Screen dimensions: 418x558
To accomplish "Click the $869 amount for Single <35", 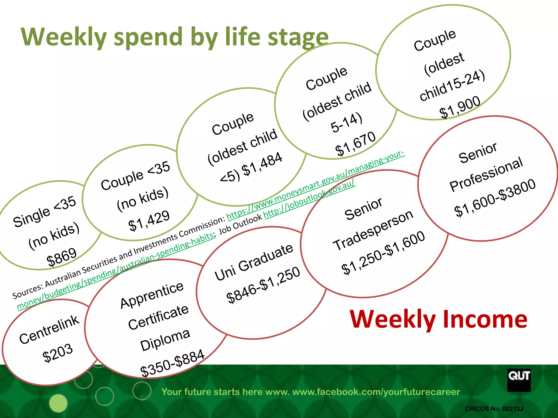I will click(x=62, y=257).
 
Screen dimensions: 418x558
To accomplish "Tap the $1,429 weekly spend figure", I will click(x=149, y=221).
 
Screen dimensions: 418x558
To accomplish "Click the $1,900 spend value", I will click(x=460, y=107).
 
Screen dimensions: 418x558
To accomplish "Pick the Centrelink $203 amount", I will click(x=58, y=353).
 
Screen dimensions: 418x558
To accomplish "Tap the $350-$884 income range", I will click(x=172, y=363).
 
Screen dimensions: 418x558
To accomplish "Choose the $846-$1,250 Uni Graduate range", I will click(x=263, y=285).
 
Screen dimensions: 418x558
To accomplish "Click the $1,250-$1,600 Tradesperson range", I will click(x=383, y=253).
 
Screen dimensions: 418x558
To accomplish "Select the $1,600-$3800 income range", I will click(x=495, y=198).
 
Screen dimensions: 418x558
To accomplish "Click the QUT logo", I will click(x=519, y=380).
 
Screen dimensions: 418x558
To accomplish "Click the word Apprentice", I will click(x=152, y=295).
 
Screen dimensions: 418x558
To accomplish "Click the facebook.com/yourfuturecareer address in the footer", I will click(x=376, y=392).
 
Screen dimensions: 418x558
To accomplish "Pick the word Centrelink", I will click(x=49, y=330).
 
